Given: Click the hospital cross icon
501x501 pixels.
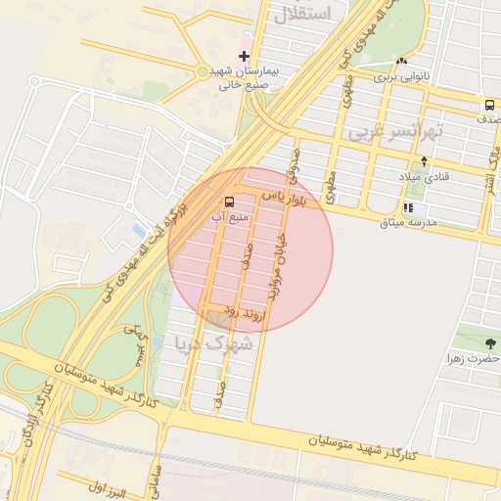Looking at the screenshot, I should coord(244,56).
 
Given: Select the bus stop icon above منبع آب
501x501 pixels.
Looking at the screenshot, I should coord(229,204).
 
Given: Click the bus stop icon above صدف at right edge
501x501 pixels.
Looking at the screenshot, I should coord(488,105).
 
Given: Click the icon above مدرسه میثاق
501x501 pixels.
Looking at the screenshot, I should coord(408,208).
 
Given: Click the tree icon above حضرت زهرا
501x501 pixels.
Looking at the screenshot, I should coord(490,343).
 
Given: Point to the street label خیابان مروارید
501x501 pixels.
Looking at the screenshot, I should coord(283,267).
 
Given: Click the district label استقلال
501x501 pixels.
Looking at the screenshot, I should coord(304,13).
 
